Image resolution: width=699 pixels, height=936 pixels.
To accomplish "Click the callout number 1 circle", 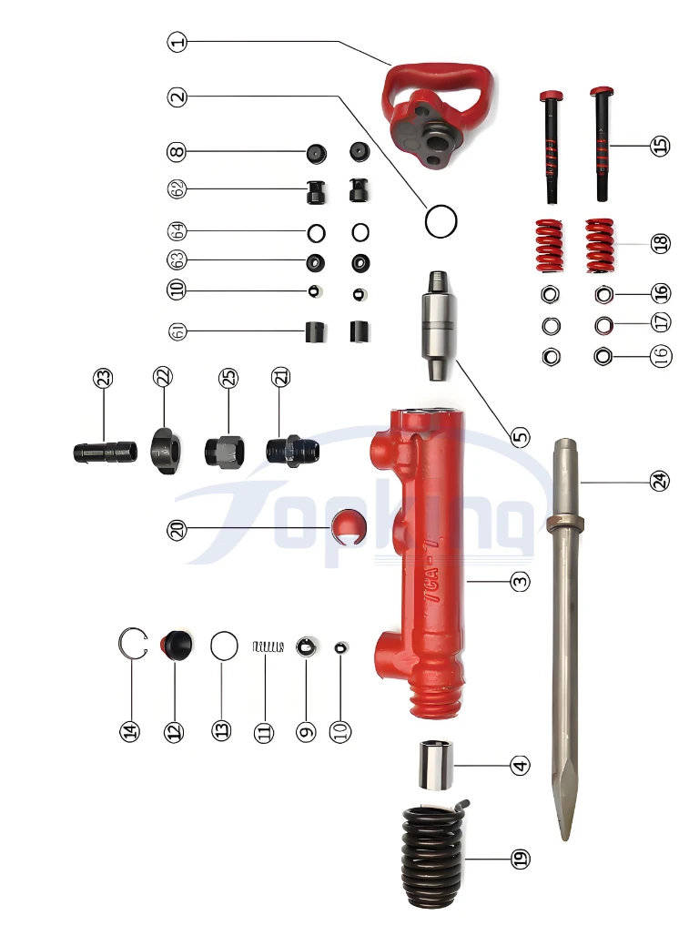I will click(x=177, y=41).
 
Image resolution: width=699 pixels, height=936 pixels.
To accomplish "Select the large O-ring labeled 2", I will click(x=441, y=220).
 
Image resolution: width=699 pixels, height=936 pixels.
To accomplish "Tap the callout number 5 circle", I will click(x=520, y=436).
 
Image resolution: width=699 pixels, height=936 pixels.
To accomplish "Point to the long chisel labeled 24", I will click(x=565, y=637).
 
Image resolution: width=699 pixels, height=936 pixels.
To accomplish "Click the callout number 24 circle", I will click(x=659, y=481).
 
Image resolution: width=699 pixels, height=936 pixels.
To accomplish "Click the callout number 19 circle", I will click(x=520, y=858).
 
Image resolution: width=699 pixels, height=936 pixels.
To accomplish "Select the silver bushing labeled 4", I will click(x=434, y=767).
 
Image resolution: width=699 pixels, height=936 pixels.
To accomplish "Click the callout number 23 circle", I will click(x=105, y=378).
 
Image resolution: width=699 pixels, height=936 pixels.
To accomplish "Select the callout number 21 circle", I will click(x=279, y=378).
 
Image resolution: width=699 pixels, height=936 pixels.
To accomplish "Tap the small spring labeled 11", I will click(x=268, y=646).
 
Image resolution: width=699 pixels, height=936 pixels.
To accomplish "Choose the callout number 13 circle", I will click(x=222, y=730).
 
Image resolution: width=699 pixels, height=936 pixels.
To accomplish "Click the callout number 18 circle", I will click(x=661, y=243).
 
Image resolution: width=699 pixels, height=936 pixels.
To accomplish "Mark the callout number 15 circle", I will click(x=661, y=145).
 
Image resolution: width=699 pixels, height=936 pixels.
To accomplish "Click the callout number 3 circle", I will click(x=520, y=580).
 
